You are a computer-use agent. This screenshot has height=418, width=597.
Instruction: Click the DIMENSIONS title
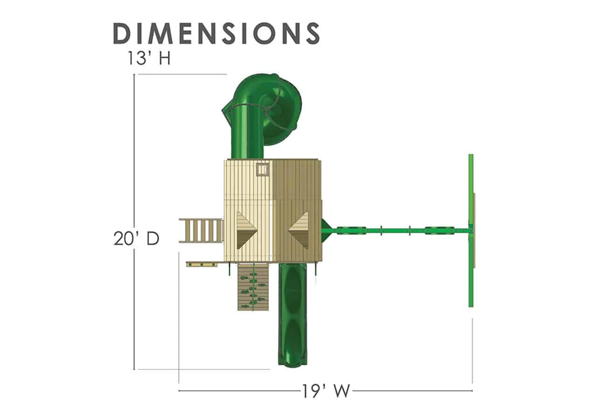pyautogui.click(x=216, y=33)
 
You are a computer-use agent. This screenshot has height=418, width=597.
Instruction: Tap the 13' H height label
pyautogui.click(x=149, y=58)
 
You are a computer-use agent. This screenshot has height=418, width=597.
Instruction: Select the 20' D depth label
pyautogui.click(x=136, y=238)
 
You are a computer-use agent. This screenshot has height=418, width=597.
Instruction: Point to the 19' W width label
pyautogui.click(x=326, y=391)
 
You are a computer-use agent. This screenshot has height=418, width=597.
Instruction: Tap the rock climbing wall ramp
pyautogui.click(x=253, y=287)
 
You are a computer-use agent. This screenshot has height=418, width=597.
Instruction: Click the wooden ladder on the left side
pyautogui.click(x=201, y=230)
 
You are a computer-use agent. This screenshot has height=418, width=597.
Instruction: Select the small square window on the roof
pyautogui.click(x=263, y=169)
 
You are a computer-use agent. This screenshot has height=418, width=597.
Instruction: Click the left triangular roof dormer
pyautogui.click(x=247, y=230)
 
